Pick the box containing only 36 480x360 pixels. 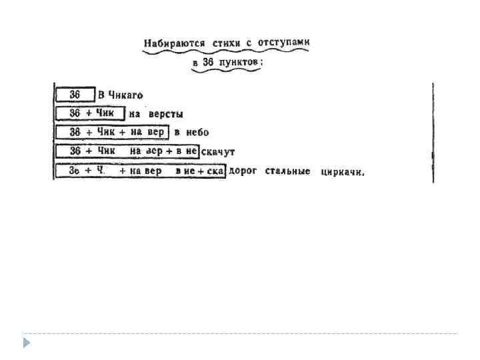(x=75, y=95)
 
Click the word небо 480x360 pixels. (x=198, y=133)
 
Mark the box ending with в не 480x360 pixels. (x=127, y=151)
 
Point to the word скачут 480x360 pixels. (x=219, y=152)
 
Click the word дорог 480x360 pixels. (x=243, y=171)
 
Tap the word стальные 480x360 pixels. (x=287, y=171)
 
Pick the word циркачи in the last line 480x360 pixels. (x=342, y=172)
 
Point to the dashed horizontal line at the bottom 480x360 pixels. (x=240, y=333)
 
